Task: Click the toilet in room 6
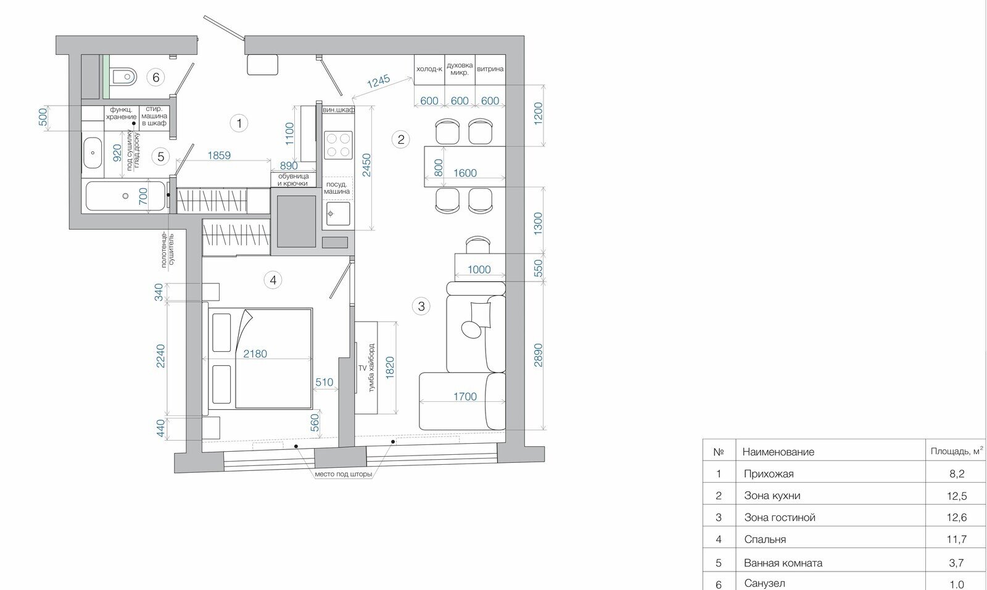click(x=124, y=78)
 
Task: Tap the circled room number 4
click(x=273, y=280)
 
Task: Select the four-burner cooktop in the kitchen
click(x=338, y=145)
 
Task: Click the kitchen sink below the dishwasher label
click(x=338, y=214)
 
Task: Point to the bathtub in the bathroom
click(x=126, y=196)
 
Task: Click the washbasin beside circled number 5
click(x=93, y=153)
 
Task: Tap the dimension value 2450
click(x=366, y=165)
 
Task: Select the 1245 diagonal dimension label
click(x=379, y=81)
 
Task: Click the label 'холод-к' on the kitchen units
click(x=429, y=69)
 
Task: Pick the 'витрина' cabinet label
click(x=490, y=69)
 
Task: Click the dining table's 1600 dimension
click(x=465, y=173)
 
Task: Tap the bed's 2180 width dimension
click(x=255, y=354)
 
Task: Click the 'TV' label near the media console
click(x=363, y=368)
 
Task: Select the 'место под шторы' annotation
click(x=343, y=475)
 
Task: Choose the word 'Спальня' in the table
click(x=765, y=539)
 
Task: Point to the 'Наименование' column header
click(x=778, y=452)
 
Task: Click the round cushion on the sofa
click(x=471, y=328)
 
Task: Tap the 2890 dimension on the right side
click(x=538, y=355)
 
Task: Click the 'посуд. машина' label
click(x=337, y=188)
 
